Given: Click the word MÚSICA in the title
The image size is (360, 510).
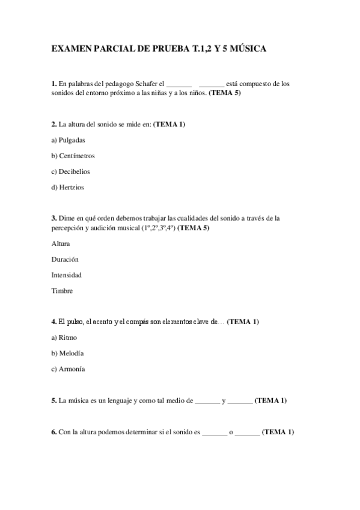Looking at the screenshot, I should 245,48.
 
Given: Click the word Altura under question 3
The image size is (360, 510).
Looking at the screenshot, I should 61,244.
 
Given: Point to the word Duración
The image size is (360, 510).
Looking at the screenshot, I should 65,259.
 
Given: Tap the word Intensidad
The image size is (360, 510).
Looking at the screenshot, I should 67,275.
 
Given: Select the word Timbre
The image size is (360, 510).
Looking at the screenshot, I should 63,291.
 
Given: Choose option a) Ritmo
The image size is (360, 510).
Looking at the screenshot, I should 64,337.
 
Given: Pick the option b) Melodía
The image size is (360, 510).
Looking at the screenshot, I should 67,353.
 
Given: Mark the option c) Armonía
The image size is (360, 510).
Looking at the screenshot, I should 68,369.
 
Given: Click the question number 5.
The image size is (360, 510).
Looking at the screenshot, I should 54,400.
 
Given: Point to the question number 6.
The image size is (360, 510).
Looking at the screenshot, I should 54,432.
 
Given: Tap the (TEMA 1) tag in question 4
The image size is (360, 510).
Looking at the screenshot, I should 243,322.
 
